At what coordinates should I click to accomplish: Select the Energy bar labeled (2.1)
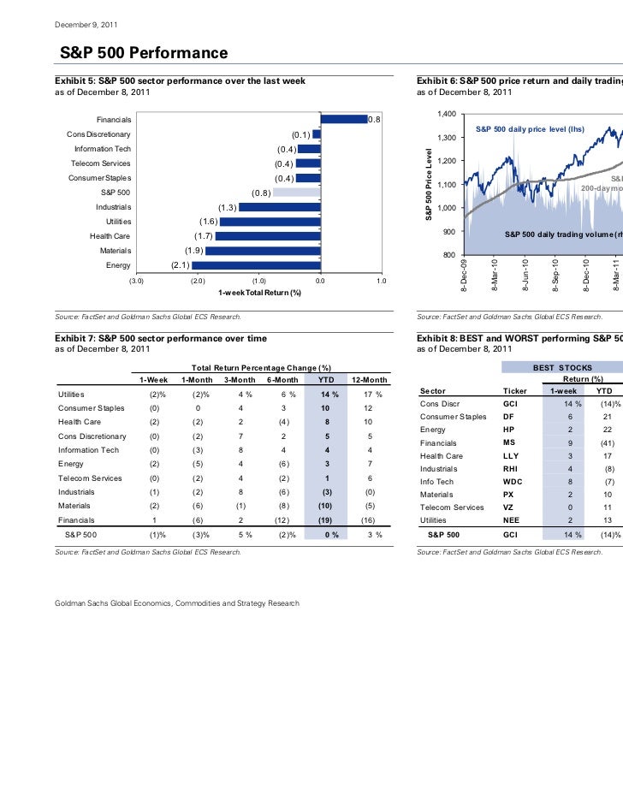(x=257, y=265)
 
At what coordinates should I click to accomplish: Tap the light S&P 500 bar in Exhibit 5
(x=296, y=193)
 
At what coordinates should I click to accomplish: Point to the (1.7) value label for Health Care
(x=203, y=236)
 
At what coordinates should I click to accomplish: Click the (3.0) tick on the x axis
(x=136, y=280)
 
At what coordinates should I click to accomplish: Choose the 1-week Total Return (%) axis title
(x=259, y=293)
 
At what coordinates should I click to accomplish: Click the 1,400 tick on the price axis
(x=445, y=115)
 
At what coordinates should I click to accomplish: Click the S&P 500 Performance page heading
(x=143, y=55)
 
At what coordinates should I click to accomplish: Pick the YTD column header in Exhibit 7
(x=325, y=380)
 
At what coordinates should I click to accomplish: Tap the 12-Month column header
(x=370, y=380)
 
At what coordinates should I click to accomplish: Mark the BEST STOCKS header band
(x=562, y=367)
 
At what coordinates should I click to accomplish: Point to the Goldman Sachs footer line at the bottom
(x=177, y=603)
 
